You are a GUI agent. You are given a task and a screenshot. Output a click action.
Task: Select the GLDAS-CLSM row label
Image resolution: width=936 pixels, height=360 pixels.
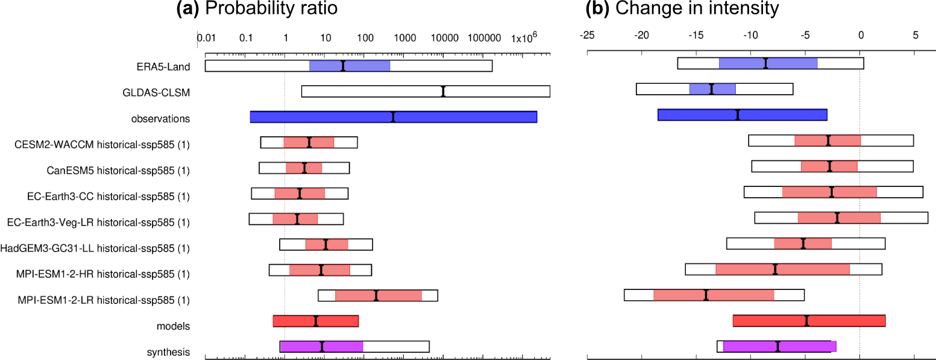click(156, 93)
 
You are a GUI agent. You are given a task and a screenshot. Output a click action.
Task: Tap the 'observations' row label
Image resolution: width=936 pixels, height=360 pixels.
click(160, 119)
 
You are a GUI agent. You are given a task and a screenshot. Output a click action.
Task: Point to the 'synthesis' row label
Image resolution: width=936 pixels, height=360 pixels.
click(168, 352)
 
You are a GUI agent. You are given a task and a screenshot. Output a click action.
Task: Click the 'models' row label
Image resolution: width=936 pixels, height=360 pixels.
click(173, 326)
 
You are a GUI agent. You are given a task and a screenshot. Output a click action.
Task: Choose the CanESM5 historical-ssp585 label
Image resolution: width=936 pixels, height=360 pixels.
click(118, 171)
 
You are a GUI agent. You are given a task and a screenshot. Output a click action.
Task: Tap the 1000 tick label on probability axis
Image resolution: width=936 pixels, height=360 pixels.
click(404, 39)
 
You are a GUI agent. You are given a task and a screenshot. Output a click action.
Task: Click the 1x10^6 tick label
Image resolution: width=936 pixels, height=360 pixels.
click(524, 37)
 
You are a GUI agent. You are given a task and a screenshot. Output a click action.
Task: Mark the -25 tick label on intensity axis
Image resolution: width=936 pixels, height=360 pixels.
click(587, 35)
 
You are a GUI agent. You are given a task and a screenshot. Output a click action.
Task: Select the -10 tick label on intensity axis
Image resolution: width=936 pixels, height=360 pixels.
click(750, 35)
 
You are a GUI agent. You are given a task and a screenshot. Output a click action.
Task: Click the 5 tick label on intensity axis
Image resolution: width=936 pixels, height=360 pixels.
click(915, 35)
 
